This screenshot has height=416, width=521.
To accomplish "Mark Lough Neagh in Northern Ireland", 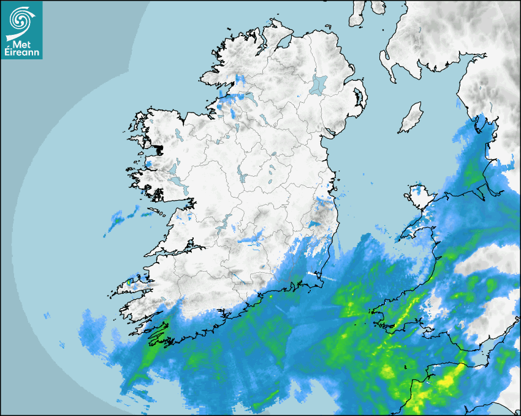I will point(319,84).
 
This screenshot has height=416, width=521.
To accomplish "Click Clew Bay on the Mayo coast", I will point(156,149).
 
